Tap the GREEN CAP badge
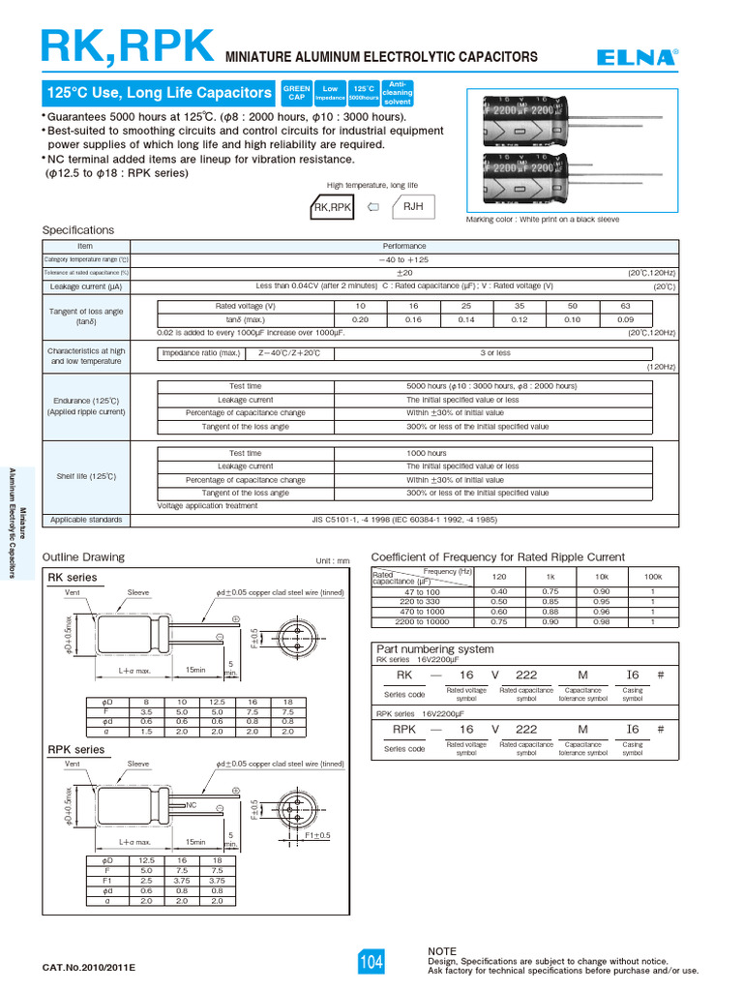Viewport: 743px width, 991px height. (x=296, y=93)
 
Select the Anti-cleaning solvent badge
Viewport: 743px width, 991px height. (x=399, y=93)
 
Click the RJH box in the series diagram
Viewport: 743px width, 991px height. (x=413, y=206)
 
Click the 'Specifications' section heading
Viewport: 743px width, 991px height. (x=78, y=230)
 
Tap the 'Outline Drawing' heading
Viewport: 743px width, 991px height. (x=84, y=556)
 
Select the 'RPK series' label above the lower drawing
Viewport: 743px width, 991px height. (x=76, y=750)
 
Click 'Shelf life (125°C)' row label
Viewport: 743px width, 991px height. (x=86, y=476)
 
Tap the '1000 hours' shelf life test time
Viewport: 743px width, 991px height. (x=427, y=453)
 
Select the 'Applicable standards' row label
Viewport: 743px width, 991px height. (x=86, y=520)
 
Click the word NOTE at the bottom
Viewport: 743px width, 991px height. (x=442, y=951)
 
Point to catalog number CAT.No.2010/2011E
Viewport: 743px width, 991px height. (x=89, y=968)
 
